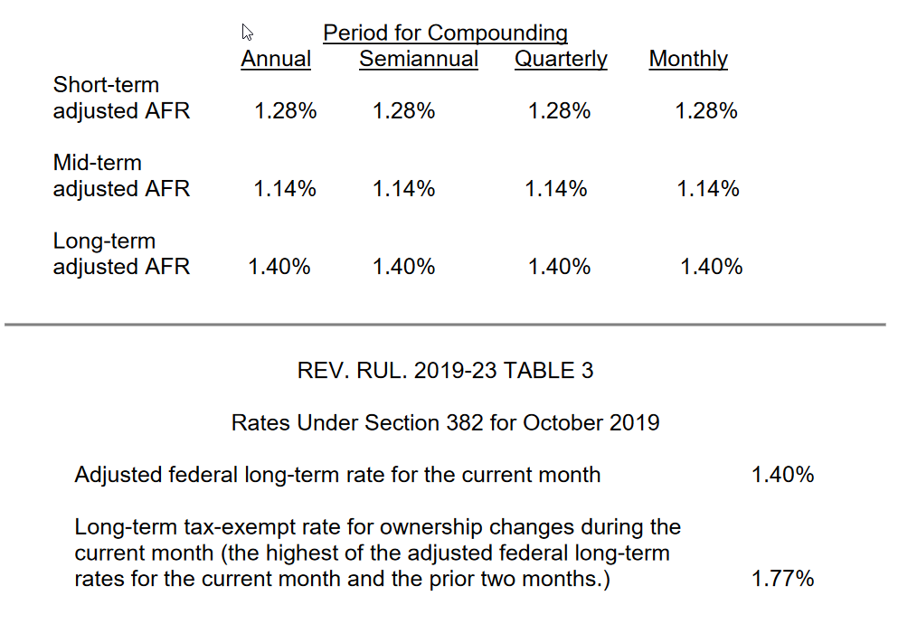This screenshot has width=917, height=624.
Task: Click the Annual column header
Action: (x=276, y=59)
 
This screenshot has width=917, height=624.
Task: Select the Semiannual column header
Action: (x=419, y=59)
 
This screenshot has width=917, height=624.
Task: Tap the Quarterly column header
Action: (x=561, y=59)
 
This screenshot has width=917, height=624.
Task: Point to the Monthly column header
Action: (x=688, y=59)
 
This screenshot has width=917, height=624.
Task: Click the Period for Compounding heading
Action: (x=445, y=33)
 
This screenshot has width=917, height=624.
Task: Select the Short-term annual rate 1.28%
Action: (x=286, y=110)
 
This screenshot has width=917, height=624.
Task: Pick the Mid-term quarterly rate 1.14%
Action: (x=555, y=188)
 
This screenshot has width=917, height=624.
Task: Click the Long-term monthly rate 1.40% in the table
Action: (x=711, y=266)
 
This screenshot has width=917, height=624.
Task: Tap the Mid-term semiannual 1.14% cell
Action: (x=403, y=188)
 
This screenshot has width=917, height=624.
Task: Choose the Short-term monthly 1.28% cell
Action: (x=706, y=110)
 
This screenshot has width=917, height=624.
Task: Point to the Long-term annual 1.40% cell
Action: (x=279, y=266)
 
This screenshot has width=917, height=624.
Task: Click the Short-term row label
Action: (x=122, y=98)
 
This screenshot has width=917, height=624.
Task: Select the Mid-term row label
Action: (x=122, y=175)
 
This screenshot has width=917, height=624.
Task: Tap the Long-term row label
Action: (x=122, y=254)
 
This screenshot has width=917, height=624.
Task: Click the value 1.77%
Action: (x=782, y=579)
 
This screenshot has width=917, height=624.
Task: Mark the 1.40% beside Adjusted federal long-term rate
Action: (x=782, y=474)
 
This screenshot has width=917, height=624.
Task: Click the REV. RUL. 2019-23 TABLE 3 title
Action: (x=445, y=370)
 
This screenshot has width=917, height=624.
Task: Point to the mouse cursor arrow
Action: (x=247, y=33)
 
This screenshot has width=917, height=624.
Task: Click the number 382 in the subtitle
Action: (x=464, y=422)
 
